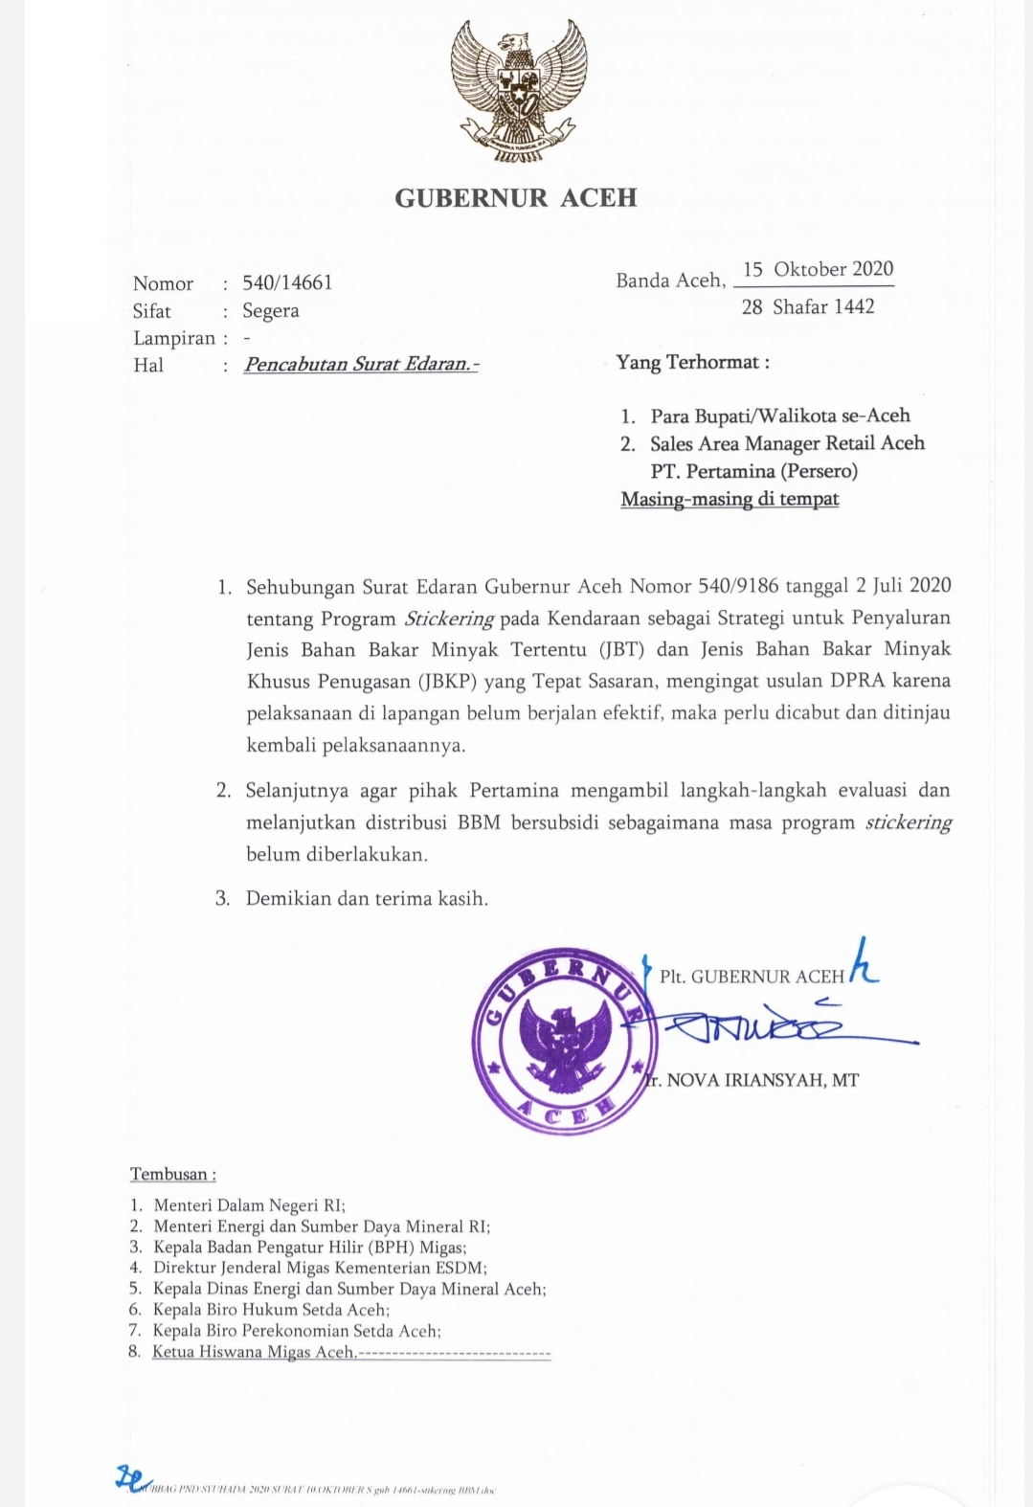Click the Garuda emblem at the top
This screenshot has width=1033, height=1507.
(x=518, y=91)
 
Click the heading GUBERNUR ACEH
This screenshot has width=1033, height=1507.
(x=516, y=198)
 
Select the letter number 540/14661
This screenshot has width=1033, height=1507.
(x=287, y=282)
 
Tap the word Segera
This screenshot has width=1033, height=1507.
(x=271, y=311)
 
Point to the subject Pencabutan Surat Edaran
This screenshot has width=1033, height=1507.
(x=361, y=365)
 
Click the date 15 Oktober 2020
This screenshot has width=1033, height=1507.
(x=818, y=269)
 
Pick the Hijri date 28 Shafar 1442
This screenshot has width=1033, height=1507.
(x=808, y=306)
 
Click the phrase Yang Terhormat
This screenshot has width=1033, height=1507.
(x=692, y=362)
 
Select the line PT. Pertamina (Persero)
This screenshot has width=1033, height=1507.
(x=753, y=471)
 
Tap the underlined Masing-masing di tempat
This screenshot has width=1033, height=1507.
(x=730, y=499)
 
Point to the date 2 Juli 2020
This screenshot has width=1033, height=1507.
(x=904, y=586)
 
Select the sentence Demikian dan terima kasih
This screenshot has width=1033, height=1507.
(x=367, y=898)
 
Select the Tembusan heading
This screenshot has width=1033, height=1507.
(x=173, y=1174)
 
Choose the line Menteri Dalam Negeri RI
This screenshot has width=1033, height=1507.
(x=249, y=1205)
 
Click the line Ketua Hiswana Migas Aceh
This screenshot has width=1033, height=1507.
(x=254, y=1352)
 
